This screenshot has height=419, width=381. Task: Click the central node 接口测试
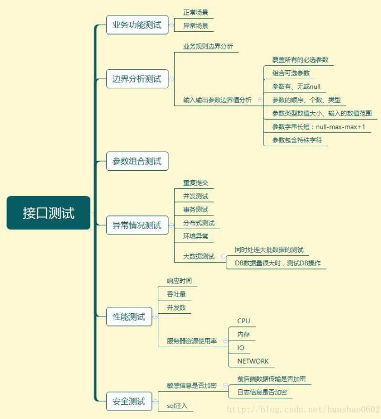pos(48,213)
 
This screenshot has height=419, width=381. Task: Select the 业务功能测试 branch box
pos(137,25)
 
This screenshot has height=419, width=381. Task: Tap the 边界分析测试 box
pos(137,79)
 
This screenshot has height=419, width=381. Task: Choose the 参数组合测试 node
pos(137,161)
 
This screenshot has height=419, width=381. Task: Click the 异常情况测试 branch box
pos(137,225)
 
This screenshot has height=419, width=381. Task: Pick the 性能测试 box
pos(129,316)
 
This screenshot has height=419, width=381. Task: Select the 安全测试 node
pos(129,401)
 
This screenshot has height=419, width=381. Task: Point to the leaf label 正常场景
pos(196,12)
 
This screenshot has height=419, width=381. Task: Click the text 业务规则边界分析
pos(208,46)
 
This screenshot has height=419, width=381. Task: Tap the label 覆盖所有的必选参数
pos(300,60)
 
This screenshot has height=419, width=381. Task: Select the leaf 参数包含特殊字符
pos(297,140)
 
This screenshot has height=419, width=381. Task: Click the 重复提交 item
pos(196,183)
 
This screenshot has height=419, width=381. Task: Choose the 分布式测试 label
pos(199,223)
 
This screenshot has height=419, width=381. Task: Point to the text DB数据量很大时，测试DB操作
pos(277,263)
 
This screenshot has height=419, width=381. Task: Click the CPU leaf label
pos(243,321)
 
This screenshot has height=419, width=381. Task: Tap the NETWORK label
pos(253,361)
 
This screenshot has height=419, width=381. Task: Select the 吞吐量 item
pos(176,294)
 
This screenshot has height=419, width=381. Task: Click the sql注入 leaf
pos(177,406)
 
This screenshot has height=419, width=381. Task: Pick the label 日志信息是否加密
pos(262,392)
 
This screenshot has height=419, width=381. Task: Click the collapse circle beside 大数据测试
pos(223,256)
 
